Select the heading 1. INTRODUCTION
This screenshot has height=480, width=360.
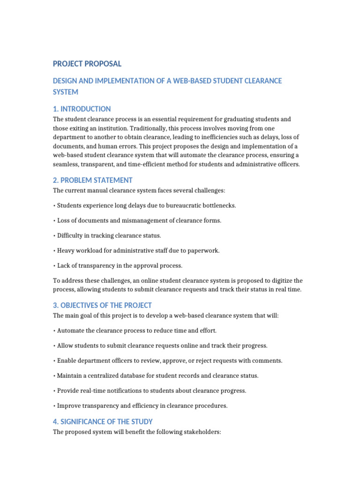pos(82,109)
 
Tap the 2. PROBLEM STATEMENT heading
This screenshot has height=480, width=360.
pos(93,180)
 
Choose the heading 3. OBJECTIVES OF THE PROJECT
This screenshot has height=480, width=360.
pos(102,305)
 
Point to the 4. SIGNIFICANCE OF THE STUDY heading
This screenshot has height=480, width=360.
pos(103,421)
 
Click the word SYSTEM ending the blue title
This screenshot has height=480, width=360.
pos(66,92)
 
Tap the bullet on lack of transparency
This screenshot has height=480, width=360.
pos(119,265)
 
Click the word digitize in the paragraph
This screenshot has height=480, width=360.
pos(281,280)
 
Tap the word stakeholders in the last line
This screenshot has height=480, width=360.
pos(202,432)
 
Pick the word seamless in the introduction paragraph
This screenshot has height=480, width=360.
pos(66,165)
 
